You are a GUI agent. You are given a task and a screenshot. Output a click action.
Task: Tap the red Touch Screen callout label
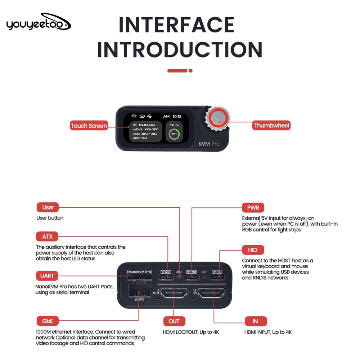(89, 126)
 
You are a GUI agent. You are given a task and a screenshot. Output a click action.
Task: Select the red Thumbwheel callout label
(271, 126)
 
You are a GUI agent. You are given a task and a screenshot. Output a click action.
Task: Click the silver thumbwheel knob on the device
(217, 119)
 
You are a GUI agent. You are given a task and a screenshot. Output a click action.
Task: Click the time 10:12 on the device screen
(177, 116)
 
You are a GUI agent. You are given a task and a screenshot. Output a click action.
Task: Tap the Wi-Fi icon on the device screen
(134, 116)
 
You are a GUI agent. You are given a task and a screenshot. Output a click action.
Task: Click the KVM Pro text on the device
(209, 144)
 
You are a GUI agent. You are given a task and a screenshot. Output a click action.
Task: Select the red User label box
(48, 207)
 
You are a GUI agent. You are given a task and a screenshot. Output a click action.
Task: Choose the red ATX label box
(47, 237)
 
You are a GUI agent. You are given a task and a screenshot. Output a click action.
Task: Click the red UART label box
(47, 276)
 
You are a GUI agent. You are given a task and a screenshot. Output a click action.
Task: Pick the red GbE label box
(48, 321)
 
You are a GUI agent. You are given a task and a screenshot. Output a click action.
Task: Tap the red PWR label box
(253, 208)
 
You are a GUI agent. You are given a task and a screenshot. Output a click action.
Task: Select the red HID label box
(253, 250)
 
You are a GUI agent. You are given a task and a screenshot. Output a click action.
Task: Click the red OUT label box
(174, 321)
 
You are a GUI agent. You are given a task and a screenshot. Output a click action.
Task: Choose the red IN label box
(256, 321)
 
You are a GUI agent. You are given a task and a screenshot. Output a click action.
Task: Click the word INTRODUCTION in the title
(180, 50)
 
